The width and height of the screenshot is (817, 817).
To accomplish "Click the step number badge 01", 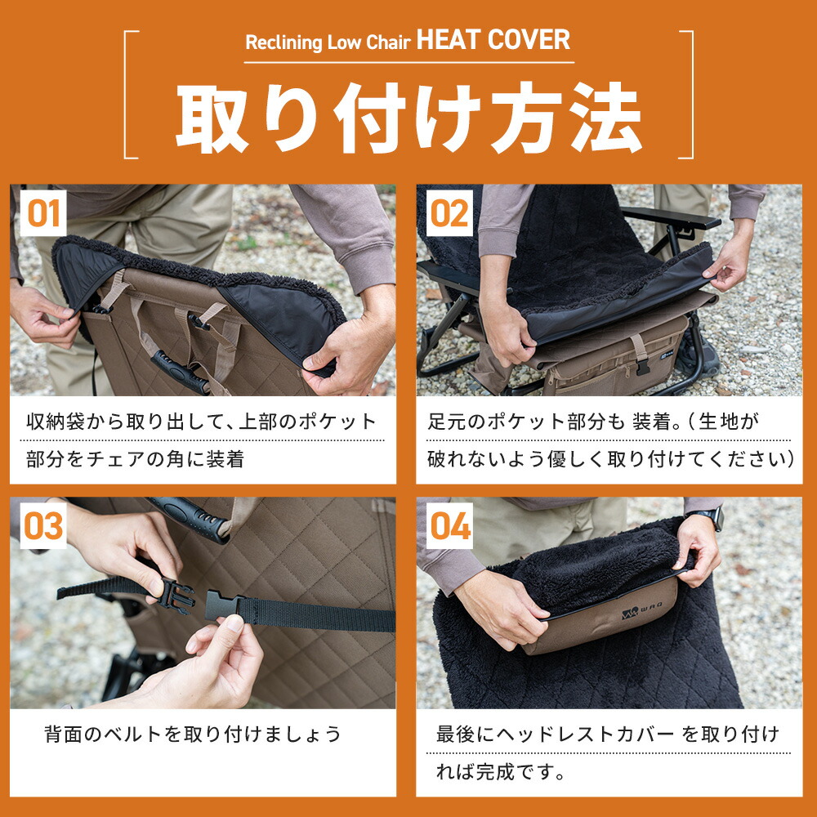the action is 43,213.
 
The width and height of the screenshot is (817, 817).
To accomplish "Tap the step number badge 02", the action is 449,213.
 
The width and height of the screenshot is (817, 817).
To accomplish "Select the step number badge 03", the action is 43,525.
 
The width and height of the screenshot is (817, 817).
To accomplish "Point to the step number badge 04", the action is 449,525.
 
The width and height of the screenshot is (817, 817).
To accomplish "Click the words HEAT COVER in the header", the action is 493,40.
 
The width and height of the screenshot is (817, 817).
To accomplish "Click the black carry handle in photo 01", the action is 180,373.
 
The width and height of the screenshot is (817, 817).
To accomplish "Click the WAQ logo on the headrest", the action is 641,610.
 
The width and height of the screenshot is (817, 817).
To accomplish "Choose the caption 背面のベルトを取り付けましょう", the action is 193,734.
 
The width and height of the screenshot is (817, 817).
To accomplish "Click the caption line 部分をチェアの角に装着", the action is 135,459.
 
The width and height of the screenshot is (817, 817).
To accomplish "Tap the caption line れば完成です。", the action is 501,772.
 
